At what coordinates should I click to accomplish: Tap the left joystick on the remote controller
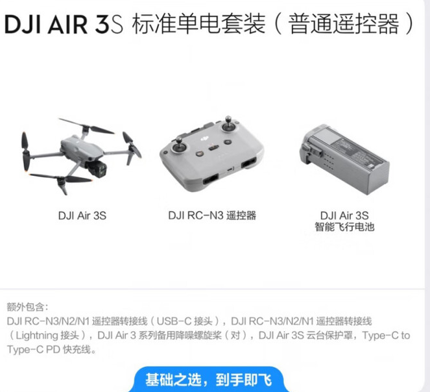180,146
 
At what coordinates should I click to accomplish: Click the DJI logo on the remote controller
204,139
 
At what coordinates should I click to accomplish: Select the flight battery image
344,159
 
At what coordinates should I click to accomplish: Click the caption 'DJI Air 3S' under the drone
82,215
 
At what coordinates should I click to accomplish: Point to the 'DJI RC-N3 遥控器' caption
212,215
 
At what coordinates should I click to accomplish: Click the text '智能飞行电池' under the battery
344,227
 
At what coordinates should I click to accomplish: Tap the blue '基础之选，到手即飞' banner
209,380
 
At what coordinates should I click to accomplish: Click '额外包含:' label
27,307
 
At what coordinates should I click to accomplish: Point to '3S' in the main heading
108,24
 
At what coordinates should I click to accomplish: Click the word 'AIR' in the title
67,24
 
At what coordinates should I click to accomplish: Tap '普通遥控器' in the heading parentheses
344,24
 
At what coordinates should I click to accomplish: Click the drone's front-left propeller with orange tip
25,152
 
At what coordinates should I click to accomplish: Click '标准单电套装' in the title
199,24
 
